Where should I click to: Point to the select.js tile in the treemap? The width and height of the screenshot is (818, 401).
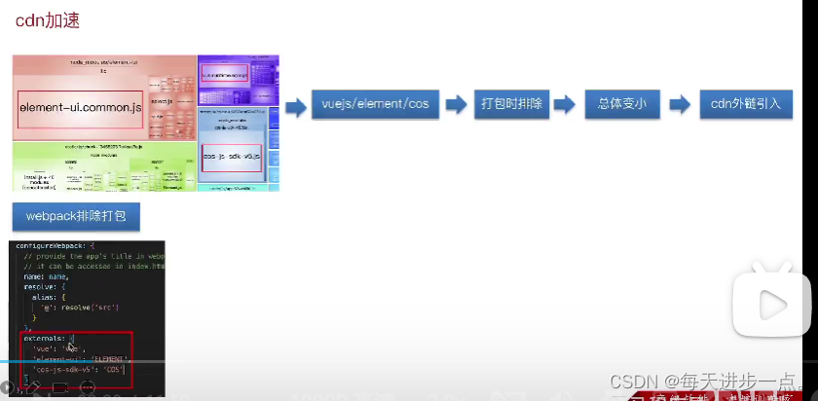(x=162, y=102)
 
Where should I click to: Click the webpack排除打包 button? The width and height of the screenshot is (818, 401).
(x=76, y=216)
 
